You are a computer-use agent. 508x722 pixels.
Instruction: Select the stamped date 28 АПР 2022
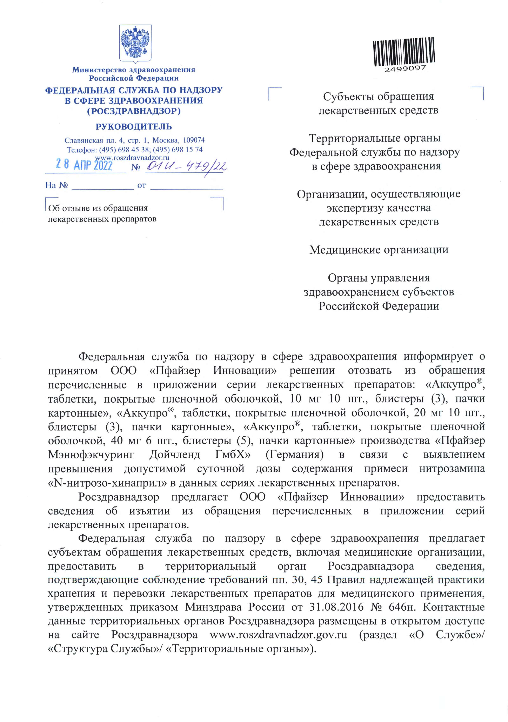coord(84,164)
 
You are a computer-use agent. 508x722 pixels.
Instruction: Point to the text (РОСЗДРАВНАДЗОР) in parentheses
coord(134,111)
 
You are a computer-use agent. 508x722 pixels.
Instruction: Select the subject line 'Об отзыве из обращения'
coord(98,208)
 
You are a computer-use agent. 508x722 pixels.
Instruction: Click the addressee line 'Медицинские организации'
coord(379,250)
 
